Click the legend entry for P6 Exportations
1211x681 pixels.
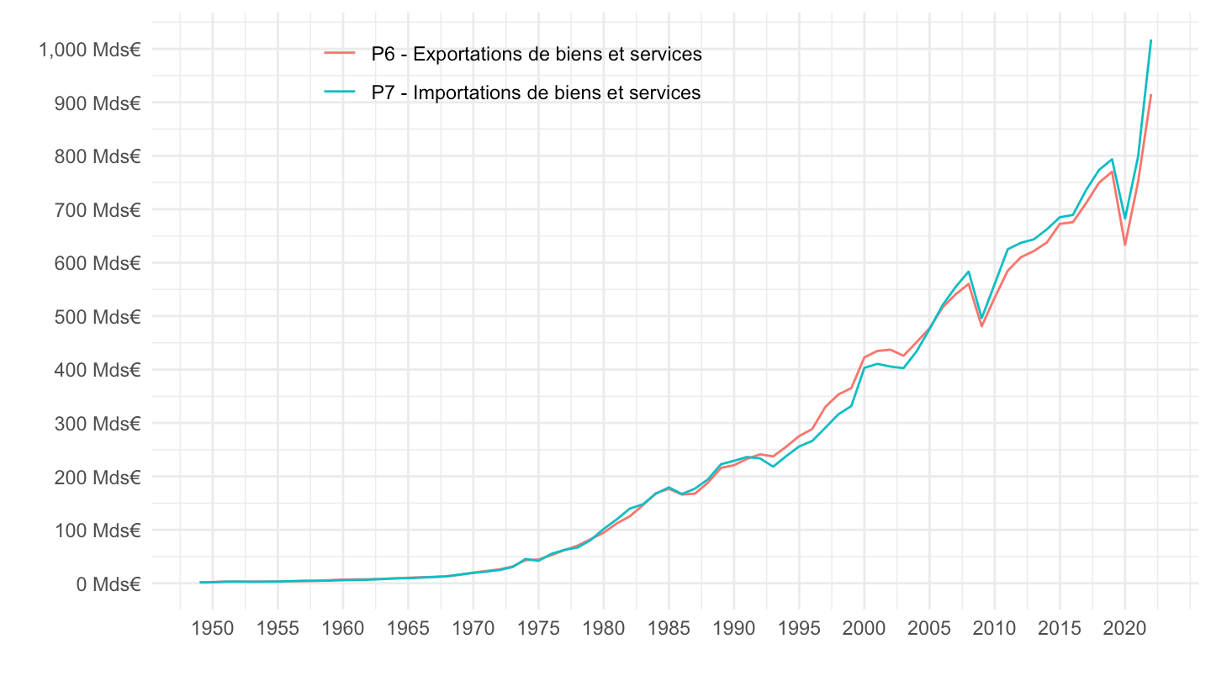point(537,55)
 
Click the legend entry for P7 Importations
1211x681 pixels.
point(536,92)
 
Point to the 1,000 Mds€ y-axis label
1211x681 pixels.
point(88,50)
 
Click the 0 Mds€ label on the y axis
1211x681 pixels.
point(108,583)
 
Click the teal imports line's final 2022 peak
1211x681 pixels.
point(1150,40)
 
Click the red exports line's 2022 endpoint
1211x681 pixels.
point(1150,95)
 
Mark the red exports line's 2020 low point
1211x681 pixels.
point(1124,245)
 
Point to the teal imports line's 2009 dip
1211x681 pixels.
point(981,319)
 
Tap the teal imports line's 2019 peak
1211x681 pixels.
point(1112,159)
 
